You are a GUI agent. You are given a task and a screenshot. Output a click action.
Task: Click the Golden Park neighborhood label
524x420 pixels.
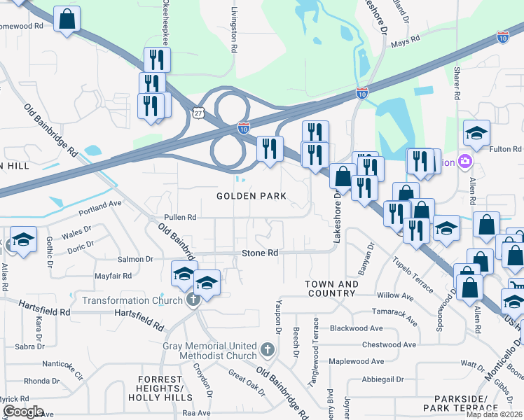(251, 197)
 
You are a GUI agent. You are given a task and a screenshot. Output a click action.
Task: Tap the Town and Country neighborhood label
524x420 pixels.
(332, 288)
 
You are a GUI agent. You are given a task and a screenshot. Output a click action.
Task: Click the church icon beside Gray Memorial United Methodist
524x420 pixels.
(266, 349)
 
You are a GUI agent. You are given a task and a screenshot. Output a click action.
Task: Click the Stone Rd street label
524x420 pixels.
(260, 253)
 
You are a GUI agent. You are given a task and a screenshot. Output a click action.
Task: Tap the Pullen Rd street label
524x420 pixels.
(180, 218)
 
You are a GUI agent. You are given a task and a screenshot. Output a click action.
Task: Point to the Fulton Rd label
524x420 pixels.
(506, 149)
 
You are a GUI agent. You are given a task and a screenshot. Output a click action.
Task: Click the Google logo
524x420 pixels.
(22, 412)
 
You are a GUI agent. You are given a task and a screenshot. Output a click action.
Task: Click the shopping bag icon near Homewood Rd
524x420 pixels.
(67, 20)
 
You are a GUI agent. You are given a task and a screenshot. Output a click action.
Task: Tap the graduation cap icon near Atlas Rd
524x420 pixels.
(23, 241)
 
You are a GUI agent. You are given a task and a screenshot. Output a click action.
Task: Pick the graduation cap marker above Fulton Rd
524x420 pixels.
(476, 132)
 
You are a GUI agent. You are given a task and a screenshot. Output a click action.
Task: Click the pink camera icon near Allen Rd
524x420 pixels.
(464, 162)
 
